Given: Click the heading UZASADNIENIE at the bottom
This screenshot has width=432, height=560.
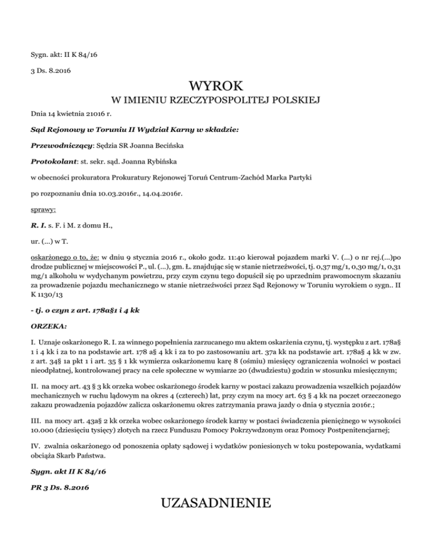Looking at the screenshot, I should [x=216, y=502].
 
